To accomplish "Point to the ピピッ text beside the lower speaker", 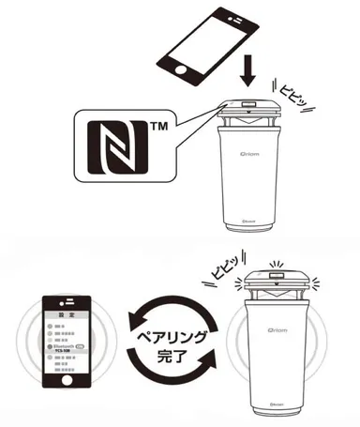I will pos(223,269).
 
